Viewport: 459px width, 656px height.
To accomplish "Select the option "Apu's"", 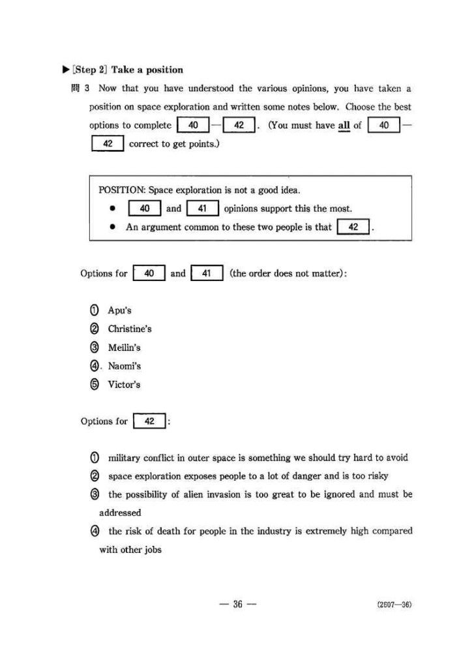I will click(119, 310).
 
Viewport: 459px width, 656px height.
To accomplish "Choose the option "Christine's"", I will click(129, 329).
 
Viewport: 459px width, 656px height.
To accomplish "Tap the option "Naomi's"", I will click(124, 366).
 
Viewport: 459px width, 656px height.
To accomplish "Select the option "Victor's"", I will click(123, 385).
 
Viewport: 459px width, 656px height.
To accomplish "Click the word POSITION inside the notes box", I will click(121, 190).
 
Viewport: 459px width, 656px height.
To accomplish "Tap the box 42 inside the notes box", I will click(354, 228).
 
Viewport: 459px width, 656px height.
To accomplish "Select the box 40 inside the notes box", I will click(145, 209).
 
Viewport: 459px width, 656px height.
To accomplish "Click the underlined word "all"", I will click(344, 126).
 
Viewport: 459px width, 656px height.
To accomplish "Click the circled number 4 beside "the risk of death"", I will click(96, 531).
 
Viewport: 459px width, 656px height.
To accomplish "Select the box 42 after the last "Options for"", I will click(149, 421).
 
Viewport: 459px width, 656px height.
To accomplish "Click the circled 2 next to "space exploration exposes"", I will click(96, 476).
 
